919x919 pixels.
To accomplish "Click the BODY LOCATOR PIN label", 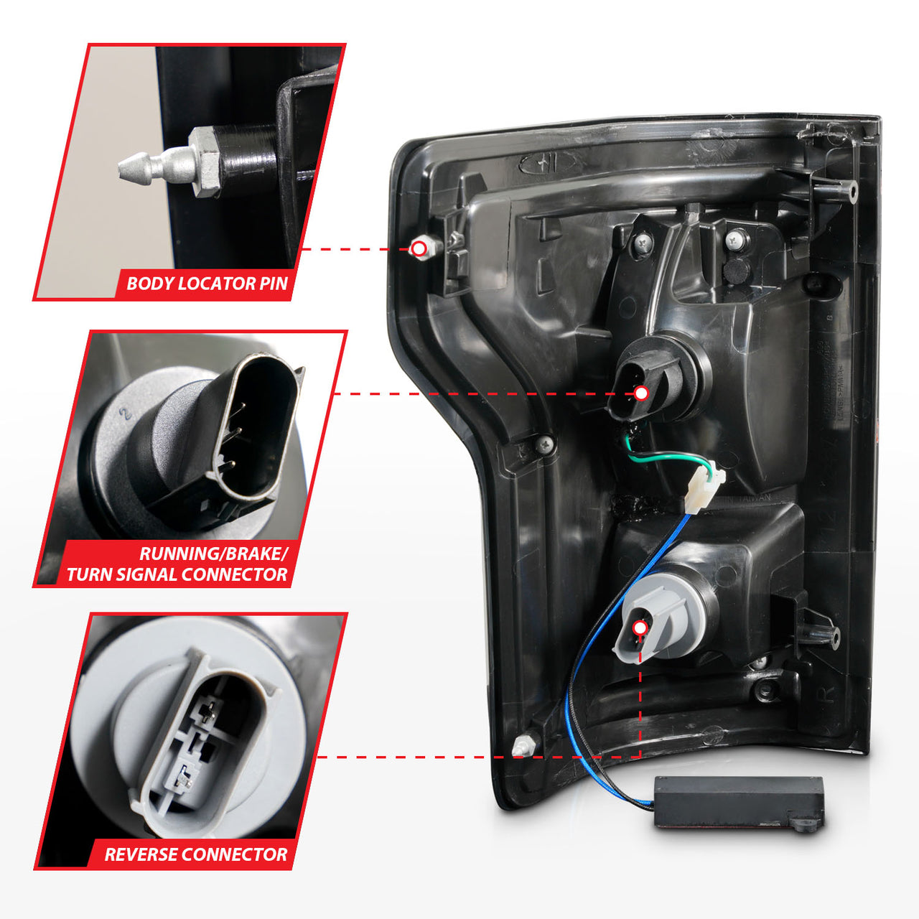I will click(x=207, y=284).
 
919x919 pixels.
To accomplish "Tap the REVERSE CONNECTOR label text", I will click(x=195, y=854).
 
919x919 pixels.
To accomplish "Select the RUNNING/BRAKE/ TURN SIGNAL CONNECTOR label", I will click(x=177, y=564).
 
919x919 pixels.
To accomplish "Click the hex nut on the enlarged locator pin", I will click(x=205, y=162).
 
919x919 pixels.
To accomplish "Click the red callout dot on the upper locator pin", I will click(x=419, y=249).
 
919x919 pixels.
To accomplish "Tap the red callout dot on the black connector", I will click(x=641, y=393).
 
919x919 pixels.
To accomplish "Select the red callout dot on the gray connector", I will click(x=640, y=628).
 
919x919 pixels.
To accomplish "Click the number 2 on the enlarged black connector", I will click(x=126, y=414).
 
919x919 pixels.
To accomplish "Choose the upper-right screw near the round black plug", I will click(x=736, y=239).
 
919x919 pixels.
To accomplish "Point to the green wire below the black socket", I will click(x=661, y=455).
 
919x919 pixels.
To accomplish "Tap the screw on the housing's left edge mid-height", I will click(x=545, y=444).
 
